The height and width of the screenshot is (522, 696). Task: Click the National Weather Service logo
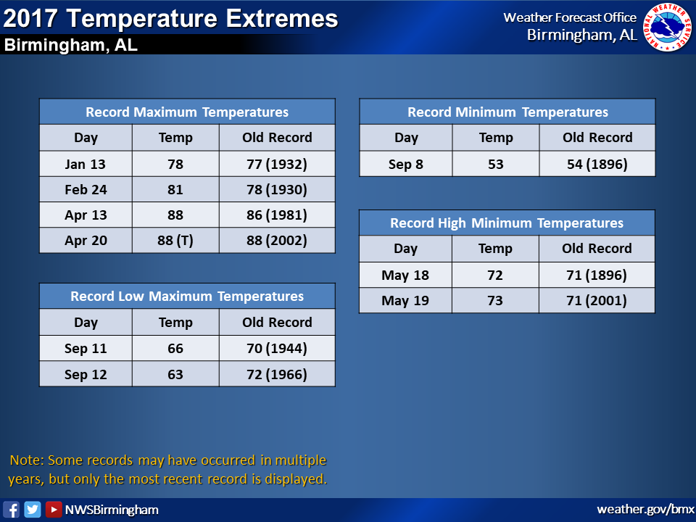point(667,27)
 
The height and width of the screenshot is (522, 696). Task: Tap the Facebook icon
point(11,509)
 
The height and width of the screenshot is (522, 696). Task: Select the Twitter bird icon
point(33,509)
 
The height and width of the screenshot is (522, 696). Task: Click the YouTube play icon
point(54,509)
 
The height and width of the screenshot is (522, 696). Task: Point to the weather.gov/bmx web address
point(645,509)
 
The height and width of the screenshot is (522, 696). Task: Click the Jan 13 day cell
point(86,164)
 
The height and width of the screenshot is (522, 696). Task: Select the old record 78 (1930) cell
point(277,189)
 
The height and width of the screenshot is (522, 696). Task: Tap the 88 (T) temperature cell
point(175,241)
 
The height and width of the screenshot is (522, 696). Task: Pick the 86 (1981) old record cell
point(277,215)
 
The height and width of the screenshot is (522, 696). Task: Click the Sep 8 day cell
point(406,164)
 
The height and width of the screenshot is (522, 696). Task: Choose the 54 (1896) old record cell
point(597,164)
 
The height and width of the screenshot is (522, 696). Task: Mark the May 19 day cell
point(405,300)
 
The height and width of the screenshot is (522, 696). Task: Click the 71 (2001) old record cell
point(597,300)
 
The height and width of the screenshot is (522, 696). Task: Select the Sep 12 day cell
point(86,374)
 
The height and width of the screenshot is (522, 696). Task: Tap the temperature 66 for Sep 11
point(175,349)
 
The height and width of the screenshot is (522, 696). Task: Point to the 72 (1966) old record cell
point(277,374)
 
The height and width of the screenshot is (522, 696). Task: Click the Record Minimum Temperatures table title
point(507,112)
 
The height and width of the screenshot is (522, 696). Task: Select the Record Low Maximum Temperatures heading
point(187,296)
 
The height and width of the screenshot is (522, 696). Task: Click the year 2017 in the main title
point(30,19)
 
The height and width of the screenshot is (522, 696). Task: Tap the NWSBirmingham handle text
point(112,510)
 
